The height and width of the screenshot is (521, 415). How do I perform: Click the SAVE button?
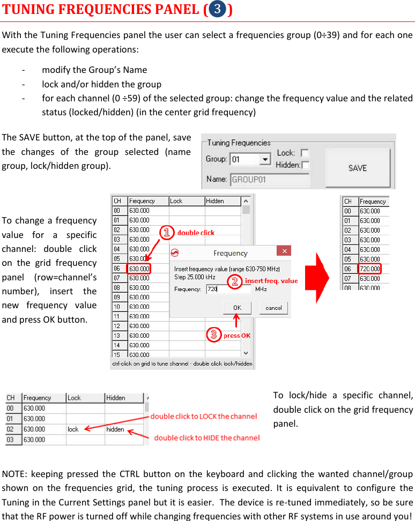(x=357, y=168)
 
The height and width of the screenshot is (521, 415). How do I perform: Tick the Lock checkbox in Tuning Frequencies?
(x=305, y=153)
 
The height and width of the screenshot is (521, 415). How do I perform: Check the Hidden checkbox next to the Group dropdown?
(x=305, y=165)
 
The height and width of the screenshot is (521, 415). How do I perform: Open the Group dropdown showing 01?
(x=265, y=160)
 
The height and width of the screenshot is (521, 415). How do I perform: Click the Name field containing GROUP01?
(x=270, y=180)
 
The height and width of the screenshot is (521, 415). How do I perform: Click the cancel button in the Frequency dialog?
(x=273, y=308)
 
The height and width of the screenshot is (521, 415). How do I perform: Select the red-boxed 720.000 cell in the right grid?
(x=369, y=269)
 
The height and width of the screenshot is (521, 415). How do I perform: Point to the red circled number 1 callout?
(x=168, y=232)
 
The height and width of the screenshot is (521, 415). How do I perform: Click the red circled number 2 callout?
(x=234, y=281)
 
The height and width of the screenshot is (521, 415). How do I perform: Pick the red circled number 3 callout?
(x=214, y=335)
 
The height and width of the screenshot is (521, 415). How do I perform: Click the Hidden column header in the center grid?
(x=222, y=201)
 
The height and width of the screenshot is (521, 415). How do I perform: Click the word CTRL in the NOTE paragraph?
(x=130, y=474)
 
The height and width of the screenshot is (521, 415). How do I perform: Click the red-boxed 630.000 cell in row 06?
(x=139, y=269)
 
